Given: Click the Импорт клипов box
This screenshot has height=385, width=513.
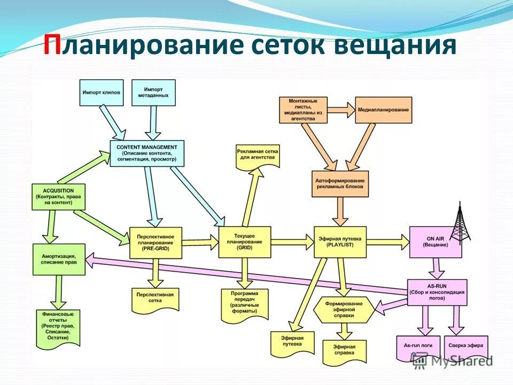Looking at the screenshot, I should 102,92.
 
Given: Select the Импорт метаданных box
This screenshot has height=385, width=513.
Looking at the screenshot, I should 156,92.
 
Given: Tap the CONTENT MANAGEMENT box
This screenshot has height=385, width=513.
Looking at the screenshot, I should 147,153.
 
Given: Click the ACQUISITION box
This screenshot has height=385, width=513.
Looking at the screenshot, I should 53,197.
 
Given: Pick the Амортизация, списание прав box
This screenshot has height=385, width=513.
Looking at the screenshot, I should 59,259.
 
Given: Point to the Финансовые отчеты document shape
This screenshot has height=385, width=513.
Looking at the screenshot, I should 58,326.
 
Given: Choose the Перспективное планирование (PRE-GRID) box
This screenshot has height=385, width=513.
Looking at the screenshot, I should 156,242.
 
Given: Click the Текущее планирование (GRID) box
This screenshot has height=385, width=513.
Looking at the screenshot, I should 245,242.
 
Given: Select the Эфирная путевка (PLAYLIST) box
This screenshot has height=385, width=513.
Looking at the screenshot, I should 340,242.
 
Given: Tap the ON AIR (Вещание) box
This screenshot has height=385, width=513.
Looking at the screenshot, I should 436,242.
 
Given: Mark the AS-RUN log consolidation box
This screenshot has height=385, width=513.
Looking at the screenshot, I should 437,292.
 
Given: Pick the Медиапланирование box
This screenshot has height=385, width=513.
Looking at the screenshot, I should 384,110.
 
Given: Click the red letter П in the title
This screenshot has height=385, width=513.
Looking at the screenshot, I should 52,47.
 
